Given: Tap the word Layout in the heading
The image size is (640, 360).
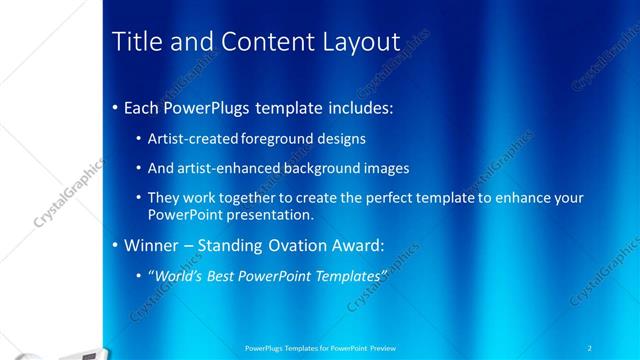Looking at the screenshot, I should click(x=356, y=41).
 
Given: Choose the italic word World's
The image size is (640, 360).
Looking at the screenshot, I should click(x=177, y=274).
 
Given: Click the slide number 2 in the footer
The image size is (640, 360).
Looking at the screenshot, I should click(x=590, y=347).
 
